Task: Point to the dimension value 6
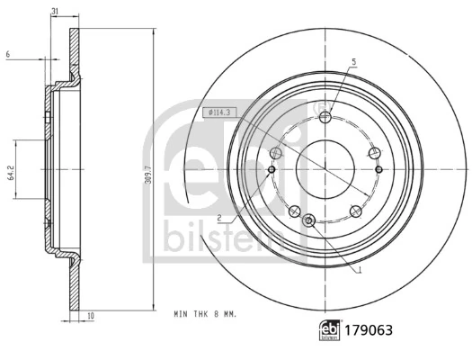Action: click(x=7, y=56)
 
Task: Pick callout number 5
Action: click(x=354, y=61)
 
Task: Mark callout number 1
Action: click(x=360, y=270)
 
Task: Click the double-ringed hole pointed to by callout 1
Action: click(x=309, y=220)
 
